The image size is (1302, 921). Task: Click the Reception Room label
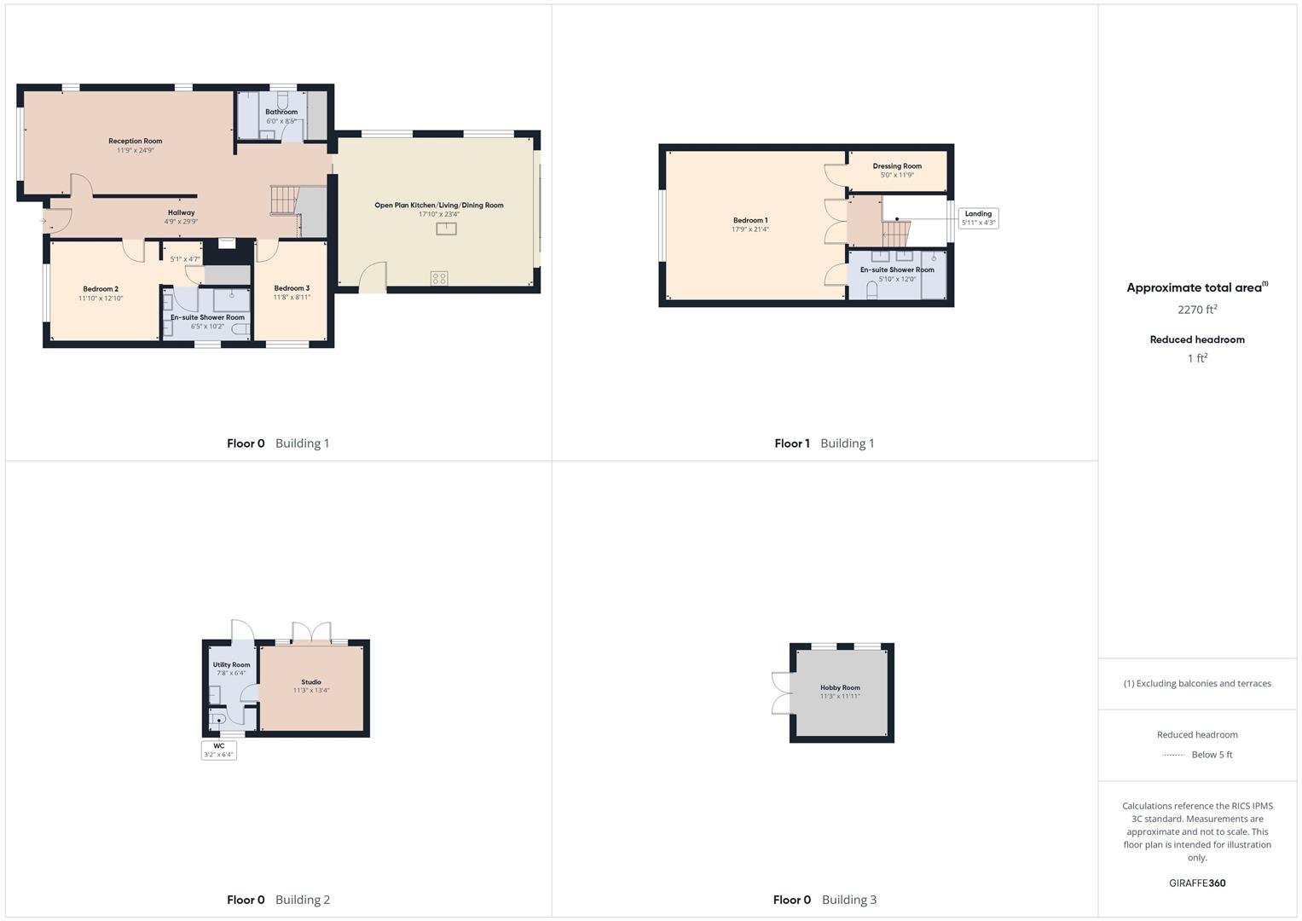[x=135, y=141]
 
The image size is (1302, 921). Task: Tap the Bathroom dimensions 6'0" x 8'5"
[x=281, y=121]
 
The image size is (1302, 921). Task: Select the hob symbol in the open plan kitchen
[x=439, y=278]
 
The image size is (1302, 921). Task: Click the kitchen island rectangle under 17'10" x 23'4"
[x=447, y=229]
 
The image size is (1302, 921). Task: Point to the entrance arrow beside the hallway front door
[x=43, y=221]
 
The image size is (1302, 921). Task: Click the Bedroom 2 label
[x=101, y=289]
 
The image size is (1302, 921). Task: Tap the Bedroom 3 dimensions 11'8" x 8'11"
[x=292, y=298]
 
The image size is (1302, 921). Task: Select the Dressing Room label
[x=897, y=166]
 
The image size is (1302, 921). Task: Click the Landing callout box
[x=978, y=218]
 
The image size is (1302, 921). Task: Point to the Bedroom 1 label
[x=750, y=220]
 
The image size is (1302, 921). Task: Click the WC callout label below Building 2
[x=219, y=750]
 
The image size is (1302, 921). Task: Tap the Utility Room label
[x=231, y=664]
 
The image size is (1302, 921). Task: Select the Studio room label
[x=311, y=682]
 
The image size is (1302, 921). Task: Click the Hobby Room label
[x=840, y=687]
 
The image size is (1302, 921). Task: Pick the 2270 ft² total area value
[x=1197, y=310]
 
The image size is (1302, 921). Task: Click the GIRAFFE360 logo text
[x=1197, y=883]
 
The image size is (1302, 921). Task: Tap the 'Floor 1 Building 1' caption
[x=824, y=443]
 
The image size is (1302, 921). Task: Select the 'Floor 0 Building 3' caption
[x=824, y=900]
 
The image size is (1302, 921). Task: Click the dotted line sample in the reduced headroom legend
[x=1173, y=755]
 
